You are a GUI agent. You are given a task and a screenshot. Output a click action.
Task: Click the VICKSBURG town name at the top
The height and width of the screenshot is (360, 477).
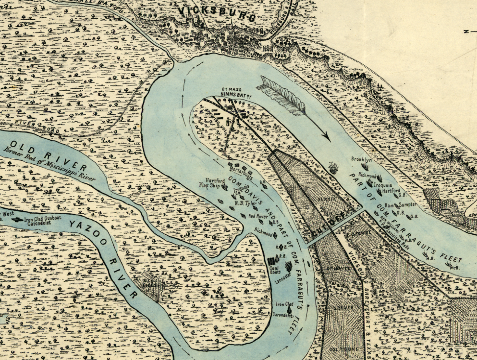(216, 13)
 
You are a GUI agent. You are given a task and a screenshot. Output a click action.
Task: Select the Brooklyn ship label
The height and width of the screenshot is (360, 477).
(362, 159)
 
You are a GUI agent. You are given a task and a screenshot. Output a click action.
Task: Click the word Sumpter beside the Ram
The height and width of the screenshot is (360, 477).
(407, 204)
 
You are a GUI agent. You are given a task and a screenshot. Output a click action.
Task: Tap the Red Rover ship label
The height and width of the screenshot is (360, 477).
(258, 216)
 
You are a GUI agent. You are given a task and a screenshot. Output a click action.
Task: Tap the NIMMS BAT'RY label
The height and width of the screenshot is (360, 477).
(234, 94)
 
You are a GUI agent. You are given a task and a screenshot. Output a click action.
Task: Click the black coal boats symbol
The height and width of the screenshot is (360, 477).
(271, 262)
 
